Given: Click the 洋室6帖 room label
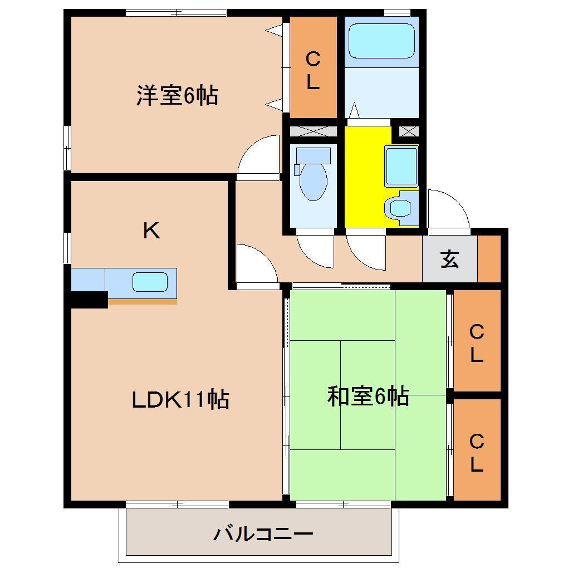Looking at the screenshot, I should (x=177, y=96).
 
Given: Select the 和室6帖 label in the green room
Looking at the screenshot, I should (x=368, y=396).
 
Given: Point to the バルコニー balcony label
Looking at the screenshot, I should (x=263, y=535).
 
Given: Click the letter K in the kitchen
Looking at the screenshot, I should (x=151, y=231).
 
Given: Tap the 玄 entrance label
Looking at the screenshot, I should (x=450, y=259).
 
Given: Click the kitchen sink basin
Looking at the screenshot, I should (x=149, y=282).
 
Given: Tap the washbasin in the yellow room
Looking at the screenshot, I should (x=400, y=165).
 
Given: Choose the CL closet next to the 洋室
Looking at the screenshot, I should (x=313, y=70).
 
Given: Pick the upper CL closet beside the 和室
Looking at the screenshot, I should (x=477, y=342).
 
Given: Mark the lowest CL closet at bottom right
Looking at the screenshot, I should (x=477, y=452).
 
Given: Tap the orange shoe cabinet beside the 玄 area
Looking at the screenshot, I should (x=490, y=259).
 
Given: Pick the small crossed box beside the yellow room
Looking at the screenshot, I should (x=408, y=132).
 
